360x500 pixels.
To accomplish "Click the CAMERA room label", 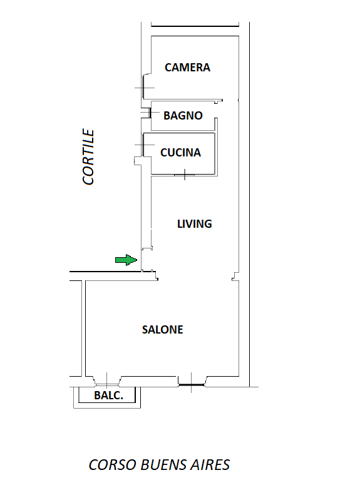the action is click(x=187, y=68).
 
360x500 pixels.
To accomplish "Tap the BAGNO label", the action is click(x=183, y=115).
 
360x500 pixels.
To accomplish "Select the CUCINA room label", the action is click(x=181, y=153).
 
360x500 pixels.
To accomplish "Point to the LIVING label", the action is click(x=194, y=224).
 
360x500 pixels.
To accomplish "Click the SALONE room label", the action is click(x=162, y=329).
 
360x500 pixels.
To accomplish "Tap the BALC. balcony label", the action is click(x=108, y=395).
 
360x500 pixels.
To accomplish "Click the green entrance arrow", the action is click(x=126, y=260).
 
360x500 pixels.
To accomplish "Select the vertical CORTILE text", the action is click(x=88, y=156).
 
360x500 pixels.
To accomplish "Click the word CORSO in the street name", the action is click(x=112, y=464).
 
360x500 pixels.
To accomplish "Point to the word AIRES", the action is click(x=210, y=464).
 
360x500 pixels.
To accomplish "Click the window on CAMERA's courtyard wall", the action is click(x=143, y=88).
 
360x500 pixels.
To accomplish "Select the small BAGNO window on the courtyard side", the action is click(x=150, y=113).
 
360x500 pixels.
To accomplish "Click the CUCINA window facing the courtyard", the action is click(x=143, y=145).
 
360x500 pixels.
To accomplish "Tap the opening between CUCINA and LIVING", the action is click(x=185, y=175).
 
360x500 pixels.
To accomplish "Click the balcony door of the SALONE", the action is click(x=107, y=384).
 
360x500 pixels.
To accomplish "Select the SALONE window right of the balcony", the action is click(x=191, y=385).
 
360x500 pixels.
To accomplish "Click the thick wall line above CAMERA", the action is click(x=195, y=26).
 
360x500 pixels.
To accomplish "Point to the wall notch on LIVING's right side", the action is click(x=235, y=277).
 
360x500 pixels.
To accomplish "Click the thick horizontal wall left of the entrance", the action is click(x=106, y=272).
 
